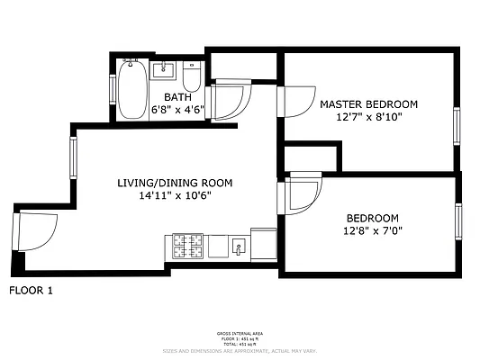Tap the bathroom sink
pos(164,69)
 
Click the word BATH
pos(177,97)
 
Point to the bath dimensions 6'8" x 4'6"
pos(177,111)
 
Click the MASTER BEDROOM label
pos(368,104)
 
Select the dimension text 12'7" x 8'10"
pos(368,118)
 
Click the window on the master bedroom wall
pos(456,125)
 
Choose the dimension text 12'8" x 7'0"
pos(372,231)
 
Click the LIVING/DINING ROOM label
pos(175,183)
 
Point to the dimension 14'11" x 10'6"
pos(175,196)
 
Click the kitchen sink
pos(239,245)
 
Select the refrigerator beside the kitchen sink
pos(264,243)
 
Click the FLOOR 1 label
pos(32,290)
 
